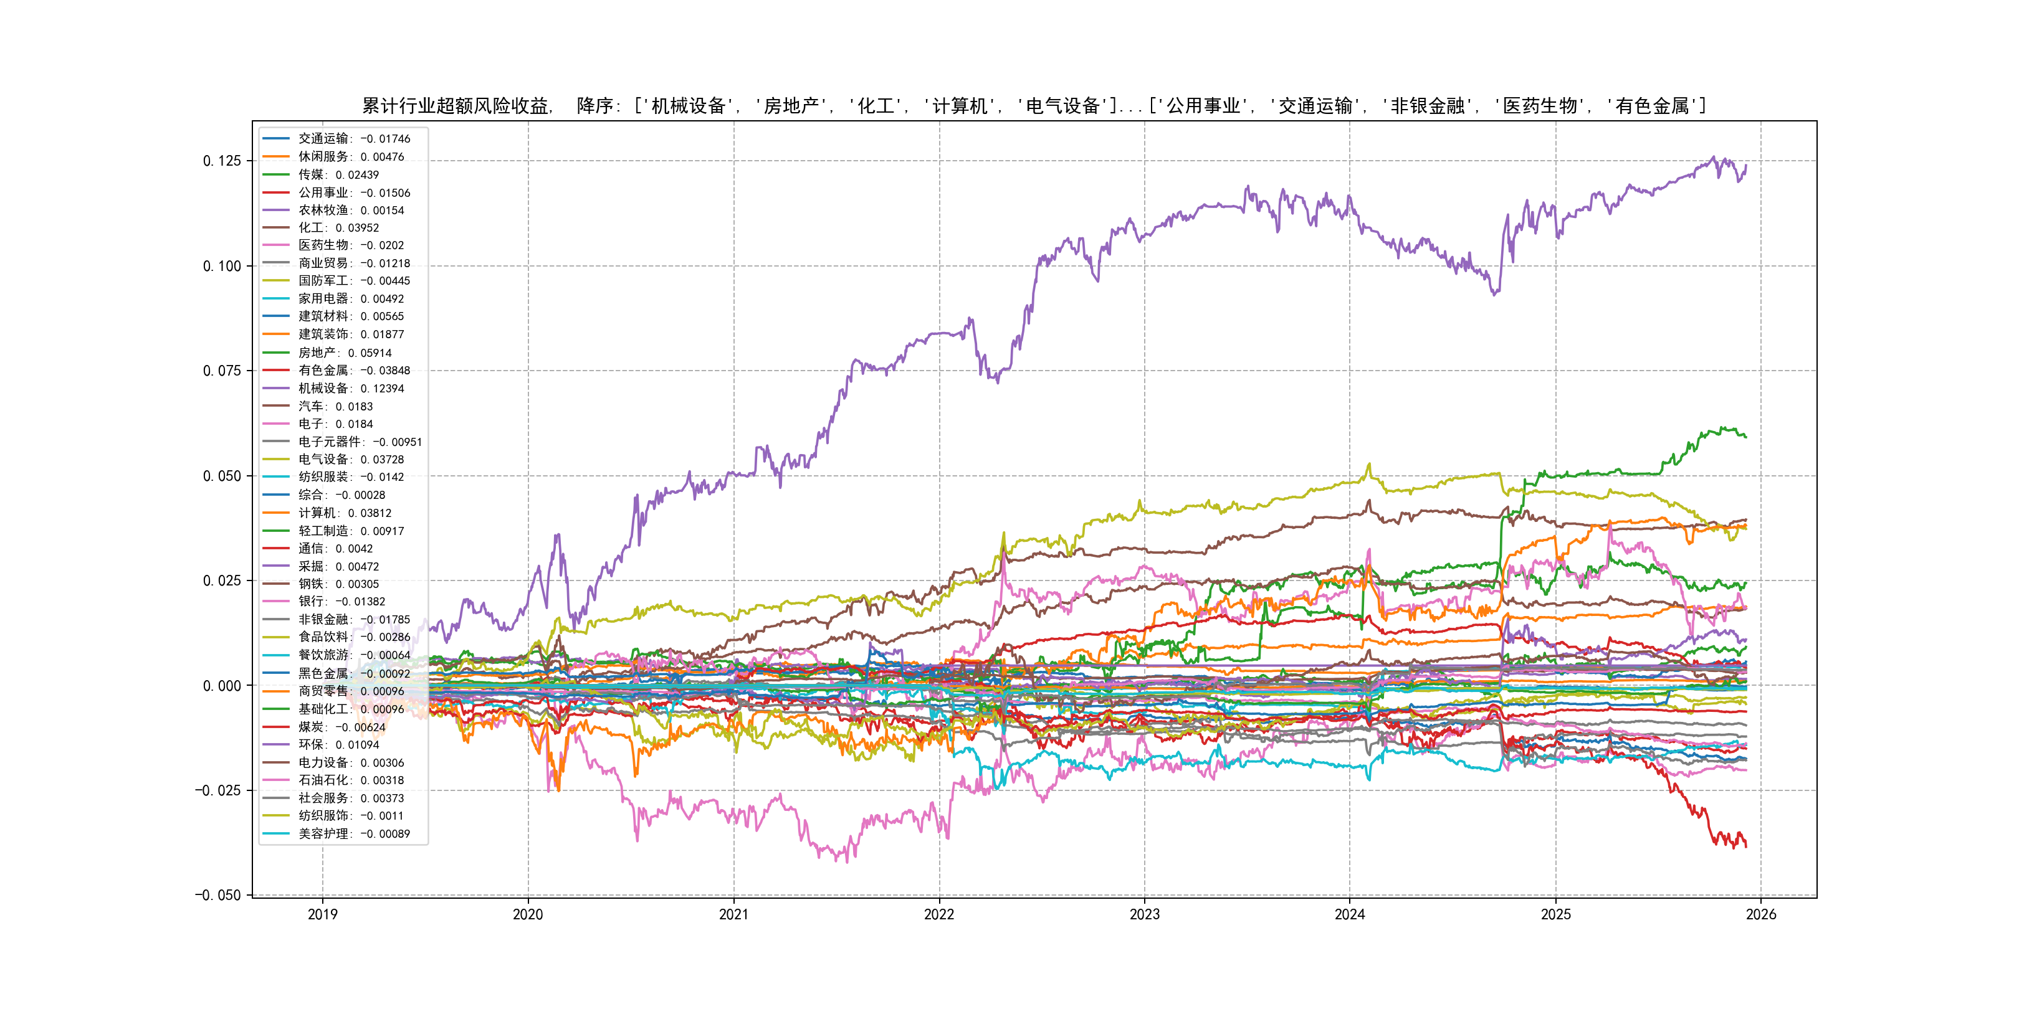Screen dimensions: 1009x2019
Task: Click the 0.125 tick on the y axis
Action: coord(222,161)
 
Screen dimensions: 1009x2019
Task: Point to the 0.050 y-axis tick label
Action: coord(222,475)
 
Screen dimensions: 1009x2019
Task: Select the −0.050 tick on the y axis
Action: coord(218,894)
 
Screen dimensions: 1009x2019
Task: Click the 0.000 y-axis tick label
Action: coord(222,686)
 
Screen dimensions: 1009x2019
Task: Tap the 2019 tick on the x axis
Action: coord(322,914)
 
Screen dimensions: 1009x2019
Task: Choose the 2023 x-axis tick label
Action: coord(1144,914)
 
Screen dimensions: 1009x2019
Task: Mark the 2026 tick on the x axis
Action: coord(1761,914)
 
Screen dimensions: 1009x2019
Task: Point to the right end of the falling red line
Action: coord(1745,846)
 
